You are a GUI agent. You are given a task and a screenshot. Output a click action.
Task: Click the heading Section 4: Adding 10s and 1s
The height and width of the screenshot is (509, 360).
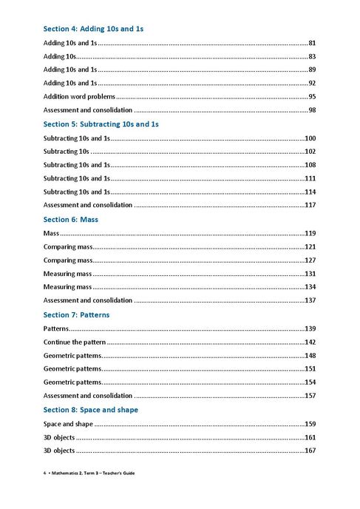(93, 29)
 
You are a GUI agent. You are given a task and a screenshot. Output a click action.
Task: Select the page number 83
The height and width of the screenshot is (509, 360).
(312, 56)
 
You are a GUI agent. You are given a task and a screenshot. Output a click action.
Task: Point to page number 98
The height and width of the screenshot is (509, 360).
(312, 109)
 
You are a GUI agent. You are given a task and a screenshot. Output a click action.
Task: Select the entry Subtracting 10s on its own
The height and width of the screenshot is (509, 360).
(67, 152)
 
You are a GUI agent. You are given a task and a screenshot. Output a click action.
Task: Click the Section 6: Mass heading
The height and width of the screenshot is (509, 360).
(71, 220)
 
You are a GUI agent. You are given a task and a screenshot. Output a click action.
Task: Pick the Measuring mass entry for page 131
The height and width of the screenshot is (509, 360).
(67, 274)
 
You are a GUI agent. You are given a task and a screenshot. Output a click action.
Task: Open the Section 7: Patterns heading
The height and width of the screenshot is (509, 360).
(76, 314)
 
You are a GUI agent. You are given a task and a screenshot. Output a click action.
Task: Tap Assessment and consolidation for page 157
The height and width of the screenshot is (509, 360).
(88, 396)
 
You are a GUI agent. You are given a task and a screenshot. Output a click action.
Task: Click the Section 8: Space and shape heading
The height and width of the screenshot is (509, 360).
(91, 409)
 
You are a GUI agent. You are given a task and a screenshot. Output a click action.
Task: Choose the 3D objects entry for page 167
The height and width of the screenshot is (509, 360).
(59, 451)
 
